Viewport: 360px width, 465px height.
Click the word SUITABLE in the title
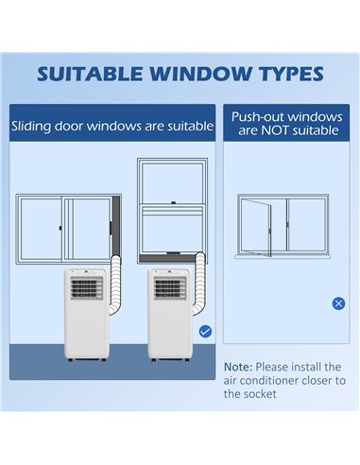[90, 74]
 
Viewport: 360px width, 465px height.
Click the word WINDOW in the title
[200, 74]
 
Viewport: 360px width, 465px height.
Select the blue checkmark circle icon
[205, 332]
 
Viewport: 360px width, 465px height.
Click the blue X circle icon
[338, 303]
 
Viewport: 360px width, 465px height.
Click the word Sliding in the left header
[31, 127]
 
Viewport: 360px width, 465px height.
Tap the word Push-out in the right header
[258, 117]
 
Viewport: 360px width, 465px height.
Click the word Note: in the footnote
[238, 367]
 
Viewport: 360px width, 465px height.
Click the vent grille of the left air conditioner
[87, 288]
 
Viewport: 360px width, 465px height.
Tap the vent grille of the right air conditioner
[170, 288]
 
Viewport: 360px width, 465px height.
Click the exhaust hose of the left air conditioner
[115, 284]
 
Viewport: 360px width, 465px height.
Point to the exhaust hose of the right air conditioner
[199, 284]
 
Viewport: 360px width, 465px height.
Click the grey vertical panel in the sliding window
[116, 226]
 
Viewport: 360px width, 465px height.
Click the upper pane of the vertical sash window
[172, 183]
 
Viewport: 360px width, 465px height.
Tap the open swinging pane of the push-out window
[256, 227]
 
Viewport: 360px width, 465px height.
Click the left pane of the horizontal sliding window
[41, 229]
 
